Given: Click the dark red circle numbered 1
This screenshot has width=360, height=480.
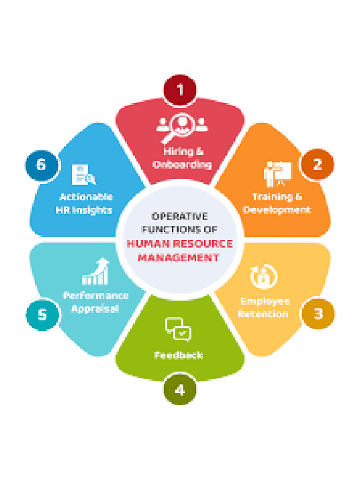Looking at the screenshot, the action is point(180,90).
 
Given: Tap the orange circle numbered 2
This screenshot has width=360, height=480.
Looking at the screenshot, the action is point(317,165).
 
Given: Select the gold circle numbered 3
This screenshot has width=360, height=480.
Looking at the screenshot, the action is point(318,314).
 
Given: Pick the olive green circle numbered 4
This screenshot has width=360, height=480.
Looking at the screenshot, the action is point(180,390).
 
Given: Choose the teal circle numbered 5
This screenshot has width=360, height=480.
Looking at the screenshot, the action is point(42,315).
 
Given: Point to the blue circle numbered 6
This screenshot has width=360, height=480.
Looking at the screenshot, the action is point(41,165).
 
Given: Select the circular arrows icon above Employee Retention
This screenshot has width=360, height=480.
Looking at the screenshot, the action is point(263,277).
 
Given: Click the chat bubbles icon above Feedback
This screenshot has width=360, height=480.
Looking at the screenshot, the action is point(179,329).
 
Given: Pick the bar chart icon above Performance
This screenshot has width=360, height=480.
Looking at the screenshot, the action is point(95,271).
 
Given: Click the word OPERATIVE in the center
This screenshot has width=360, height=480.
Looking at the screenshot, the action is point(180,217).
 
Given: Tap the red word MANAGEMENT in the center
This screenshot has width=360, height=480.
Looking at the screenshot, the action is point(179,257).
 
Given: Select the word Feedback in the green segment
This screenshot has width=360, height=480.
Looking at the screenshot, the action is point(179,355).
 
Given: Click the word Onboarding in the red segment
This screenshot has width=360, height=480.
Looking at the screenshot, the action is point(182,165).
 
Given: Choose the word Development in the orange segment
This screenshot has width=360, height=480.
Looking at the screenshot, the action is point(277,210).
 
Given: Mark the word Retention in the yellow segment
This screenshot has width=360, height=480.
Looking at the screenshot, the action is point(263,314).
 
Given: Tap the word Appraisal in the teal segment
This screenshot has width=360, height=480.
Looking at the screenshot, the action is point(95,308).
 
